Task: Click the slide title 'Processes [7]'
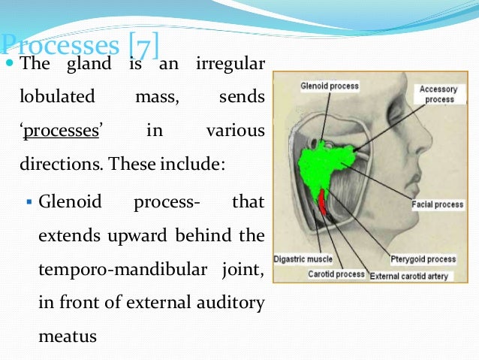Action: tap(80, 44)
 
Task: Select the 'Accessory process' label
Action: tap(438, 94)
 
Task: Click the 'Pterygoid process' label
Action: tap(423, 259)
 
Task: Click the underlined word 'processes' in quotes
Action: tap(62, 131)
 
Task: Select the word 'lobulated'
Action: tap(58, 98)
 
